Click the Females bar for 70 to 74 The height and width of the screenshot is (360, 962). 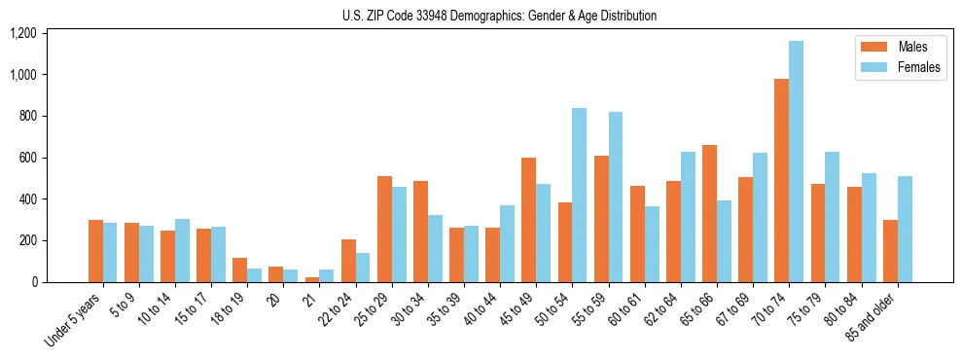797,162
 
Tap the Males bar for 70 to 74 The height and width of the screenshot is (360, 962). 782,180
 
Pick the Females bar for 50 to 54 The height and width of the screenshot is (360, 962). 580,195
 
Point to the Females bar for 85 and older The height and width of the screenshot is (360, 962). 905,229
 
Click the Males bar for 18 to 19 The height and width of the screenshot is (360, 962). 240,270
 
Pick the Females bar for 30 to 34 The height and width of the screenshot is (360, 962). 435,248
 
